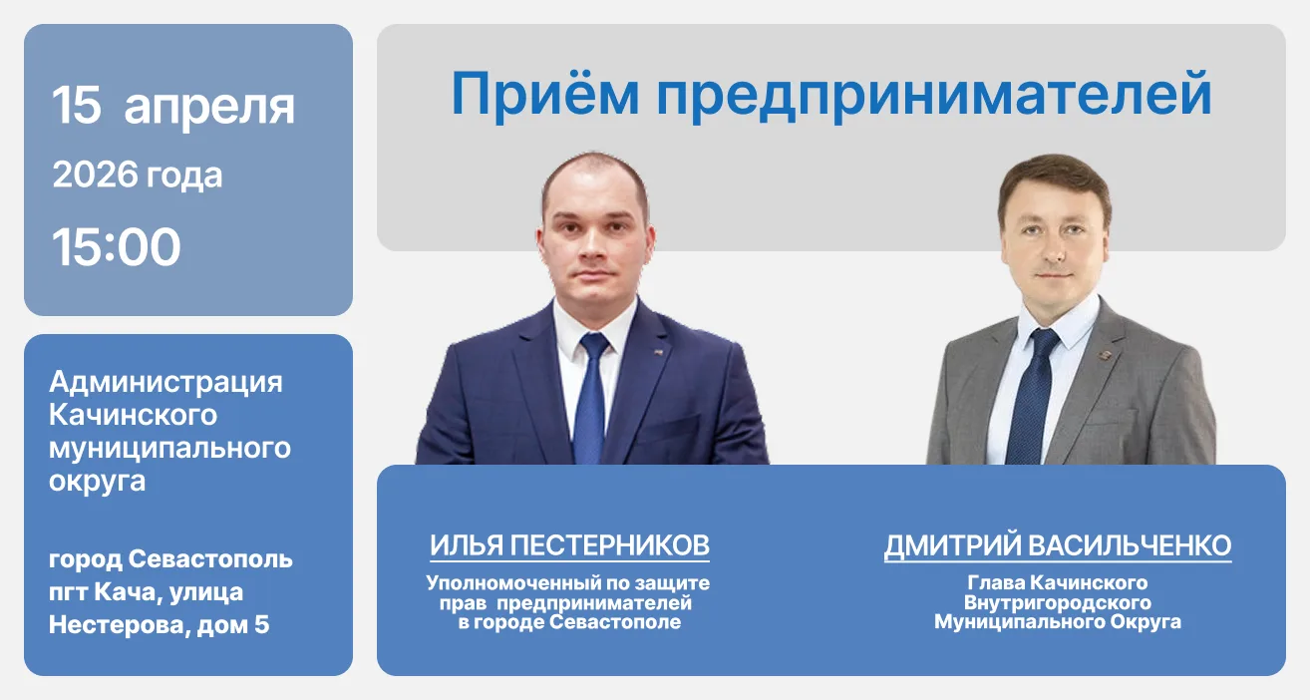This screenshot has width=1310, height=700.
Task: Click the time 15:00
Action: point(117,247)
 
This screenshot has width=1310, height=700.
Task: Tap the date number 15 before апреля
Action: point(77,105)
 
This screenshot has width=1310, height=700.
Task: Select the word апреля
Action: point(209,107)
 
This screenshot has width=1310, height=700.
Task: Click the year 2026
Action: point(96,175)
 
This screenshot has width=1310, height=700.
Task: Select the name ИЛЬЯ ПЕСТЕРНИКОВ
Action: point(569,545)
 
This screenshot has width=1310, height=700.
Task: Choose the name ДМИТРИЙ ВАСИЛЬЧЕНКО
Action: point(1057,545)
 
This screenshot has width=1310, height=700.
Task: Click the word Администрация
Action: point(165,381)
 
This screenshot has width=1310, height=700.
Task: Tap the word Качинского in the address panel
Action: point(133,414)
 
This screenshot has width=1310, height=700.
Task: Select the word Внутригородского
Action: point(1057,602)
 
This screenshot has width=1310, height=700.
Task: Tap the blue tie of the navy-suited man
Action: point(591,399)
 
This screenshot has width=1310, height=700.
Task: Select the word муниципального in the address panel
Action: point(169,448)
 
